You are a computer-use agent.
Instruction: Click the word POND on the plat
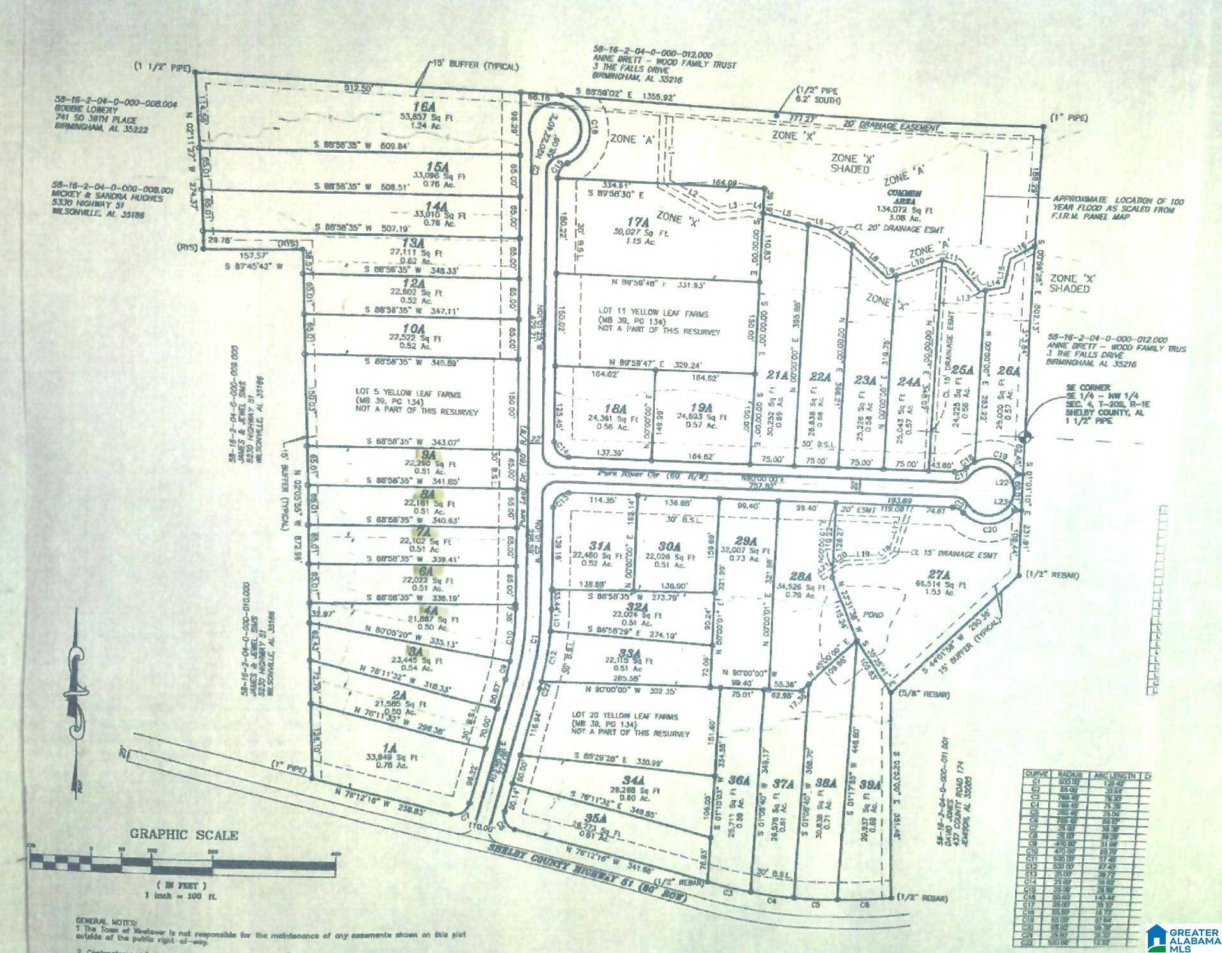click(873, 615)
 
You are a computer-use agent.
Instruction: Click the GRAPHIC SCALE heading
click(184, 835)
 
